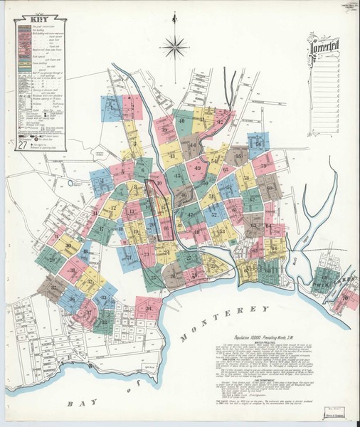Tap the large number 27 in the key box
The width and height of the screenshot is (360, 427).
click(23, 145)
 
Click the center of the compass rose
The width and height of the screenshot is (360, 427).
click(173, 48)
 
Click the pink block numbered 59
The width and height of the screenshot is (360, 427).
click(264, 165)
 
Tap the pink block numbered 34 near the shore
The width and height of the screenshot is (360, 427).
click(147, 308)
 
